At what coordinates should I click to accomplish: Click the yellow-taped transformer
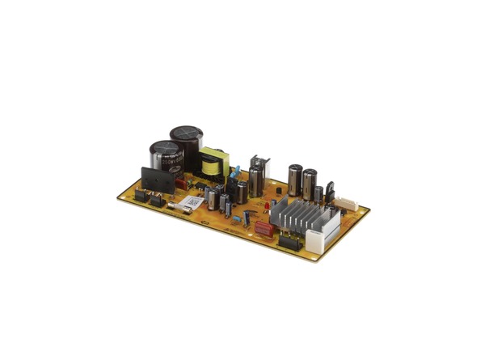point(213,162)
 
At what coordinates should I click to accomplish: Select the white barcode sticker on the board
point(191,201)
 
